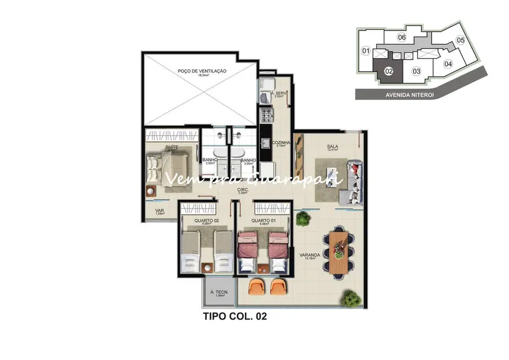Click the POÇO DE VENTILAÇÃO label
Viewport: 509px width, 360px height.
tap(202, 71)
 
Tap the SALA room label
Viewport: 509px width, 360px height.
tap(332, 147)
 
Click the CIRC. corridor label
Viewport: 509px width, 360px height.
tap(242, 191)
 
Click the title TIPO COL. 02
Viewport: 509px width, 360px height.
tap(236, 318)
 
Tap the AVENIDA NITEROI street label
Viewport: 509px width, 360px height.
tap(409, 94)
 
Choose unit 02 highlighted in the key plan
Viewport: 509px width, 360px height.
tap(389, 70)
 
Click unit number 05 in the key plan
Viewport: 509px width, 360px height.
tap(460, 40)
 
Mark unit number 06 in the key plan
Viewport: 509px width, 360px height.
tap(402, 37)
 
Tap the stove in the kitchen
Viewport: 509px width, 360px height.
tap(267, 116)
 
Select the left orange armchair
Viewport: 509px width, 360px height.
tap(256, 287)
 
